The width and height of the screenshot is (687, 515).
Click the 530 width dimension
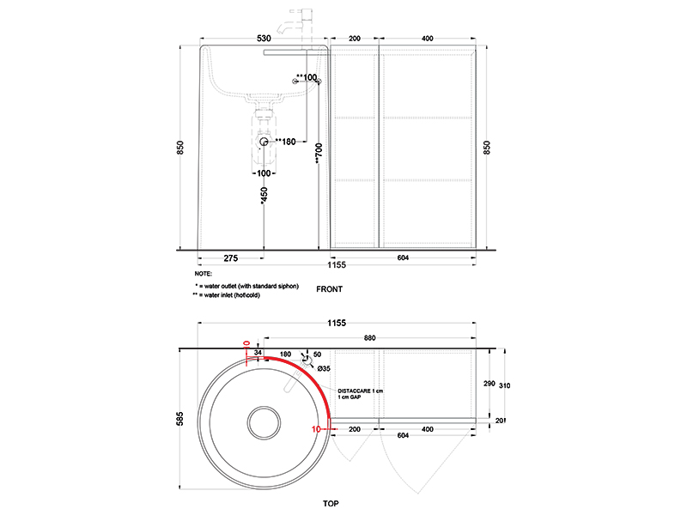tap(264, 39)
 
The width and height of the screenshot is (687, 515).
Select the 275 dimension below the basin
tap(231, 258)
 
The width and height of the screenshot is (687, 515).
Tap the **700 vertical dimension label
tap(319, 154)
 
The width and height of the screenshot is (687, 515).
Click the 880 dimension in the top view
tap(370, 338)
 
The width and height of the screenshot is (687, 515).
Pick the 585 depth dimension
tap(180, 419)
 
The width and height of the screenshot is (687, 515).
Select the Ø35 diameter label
tap(324, 369)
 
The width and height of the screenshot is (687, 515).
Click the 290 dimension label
tap(489, 384)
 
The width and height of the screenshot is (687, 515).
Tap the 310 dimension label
tap(505, 385)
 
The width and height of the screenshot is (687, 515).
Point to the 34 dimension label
tap(258, 353)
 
